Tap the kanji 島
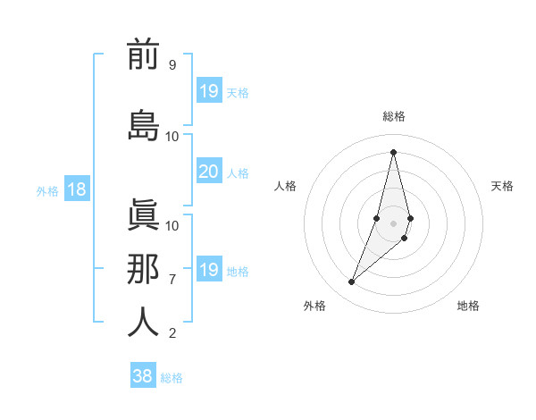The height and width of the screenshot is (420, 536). pyautogui.click(x=143, y=124)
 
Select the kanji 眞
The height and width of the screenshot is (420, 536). pyautogui.click(x=143, y=215)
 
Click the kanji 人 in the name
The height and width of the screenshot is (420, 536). pyautogui.click(x=143, y=322)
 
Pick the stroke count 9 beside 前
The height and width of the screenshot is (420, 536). pyautogui.click(x=172, y=65)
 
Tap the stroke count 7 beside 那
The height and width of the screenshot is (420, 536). pyautogui.click(x=172, y=280)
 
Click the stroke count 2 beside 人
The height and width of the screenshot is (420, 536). pyautogui.click(x=172, y=333)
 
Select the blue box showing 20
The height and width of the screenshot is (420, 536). pyautogui.click(x=208, y=172)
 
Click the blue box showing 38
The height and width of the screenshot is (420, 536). pyautogui.click(x=143, y=377)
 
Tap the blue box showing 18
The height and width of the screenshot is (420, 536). pyautogui.click(x=77, y=189)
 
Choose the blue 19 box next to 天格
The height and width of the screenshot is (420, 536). pyautogui.click(x=208, y=91)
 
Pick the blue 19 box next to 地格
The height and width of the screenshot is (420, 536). pyautogui.click(x=208, y=270)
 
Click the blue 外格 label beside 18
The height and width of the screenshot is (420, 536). pyautogui.click(x=47, y=190)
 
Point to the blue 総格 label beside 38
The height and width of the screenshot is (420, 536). pyautogui.click(x=172, y=378)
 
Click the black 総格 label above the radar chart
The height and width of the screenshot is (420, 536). pyautogui.click(x=393, y=116)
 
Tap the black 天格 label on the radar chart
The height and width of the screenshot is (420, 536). pyautogui.click(x=502, y=186)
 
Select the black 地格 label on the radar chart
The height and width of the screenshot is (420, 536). pyautogui.click(x=468, y=306)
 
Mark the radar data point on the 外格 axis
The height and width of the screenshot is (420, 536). pyautogui.click(x=352, y=282)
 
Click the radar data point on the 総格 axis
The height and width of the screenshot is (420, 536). pyautogui.click(x=393, y=152)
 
